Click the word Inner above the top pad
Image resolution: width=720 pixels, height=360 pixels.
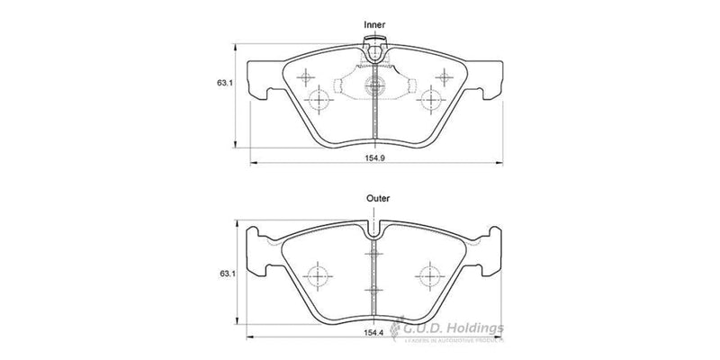pos(374,24)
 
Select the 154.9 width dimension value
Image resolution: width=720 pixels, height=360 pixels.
pos(375,156)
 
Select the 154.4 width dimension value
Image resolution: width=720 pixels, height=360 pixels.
pos(375,333)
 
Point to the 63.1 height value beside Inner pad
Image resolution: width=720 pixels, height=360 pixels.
pos(225,84)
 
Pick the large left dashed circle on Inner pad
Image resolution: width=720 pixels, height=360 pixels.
pos(319,98)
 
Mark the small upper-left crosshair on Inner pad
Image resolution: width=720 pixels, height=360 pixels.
pos(307,76)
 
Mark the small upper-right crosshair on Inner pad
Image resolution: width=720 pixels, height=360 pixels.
pos(441,76)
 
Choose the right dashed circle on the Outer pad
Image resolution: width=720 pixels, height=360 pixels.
pos(431,275)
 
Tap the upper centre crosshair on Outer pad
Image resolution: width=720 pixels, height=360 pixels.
pos(374,256)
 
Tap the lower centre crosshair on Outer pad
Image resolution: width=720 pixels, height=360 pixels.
pos(374,290)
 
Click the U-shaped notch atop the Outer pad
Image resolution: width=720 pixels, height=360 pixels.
pos(374,227)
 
